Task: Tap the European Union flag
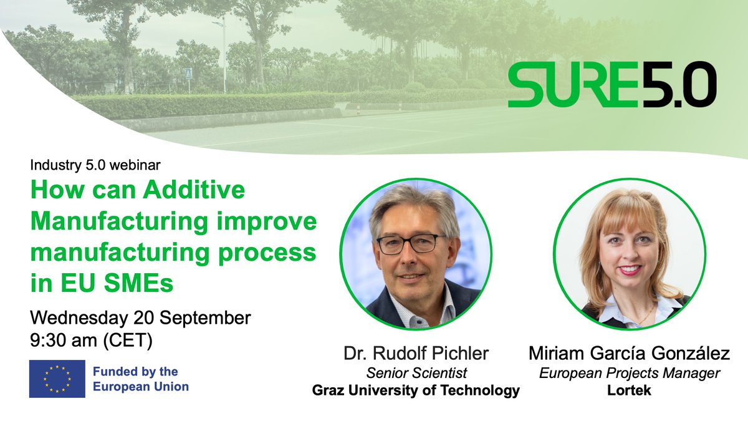57,379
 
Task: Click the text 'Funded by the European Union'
140,379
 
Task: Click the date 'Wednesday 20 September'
140,317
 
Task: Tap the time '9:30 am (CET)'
91,341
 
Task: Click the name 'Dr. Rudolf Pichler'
416,354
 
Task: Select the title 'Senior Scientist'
416,373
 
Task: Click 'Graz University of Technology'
416,391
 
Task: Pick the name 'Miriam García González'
629,354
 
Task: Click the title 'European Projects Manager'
629,373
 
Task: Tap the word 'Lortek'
629,391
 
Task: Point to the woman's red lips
630,270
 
